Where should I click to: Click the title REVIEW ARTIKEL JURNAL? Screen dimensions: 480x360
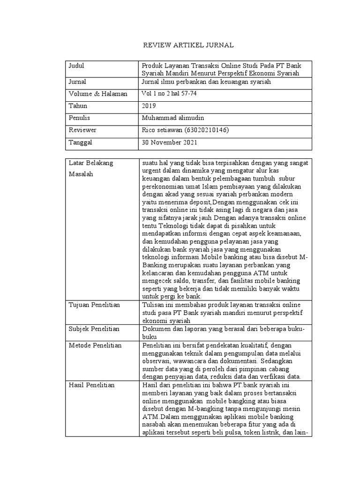pos(187,45)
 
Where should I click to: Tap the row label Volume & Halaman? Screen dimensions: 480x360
pos(97,94)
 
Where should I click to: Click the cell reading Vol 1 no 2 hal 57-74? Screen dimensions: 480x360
pos(169,94)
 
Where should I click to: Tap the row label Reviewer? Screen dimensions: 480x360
pos(82,130)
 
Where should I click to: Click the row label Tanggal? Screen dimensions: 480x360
pos(81,142)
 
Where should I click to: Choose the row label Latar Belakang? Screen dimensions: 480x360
pos(91,163)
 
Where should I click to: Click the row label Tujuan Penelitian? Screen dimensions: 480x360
pos(94,305)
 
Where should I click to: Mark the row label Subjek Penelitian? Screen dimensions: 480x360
pos(94,329)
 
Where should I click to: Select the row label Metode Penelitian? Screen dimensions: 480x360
pos(95,345)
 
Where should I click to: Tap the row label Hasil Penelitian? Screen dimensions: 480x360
pos(92,385)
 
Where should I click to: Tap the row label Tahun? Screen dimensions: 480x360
pos(78,106)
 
